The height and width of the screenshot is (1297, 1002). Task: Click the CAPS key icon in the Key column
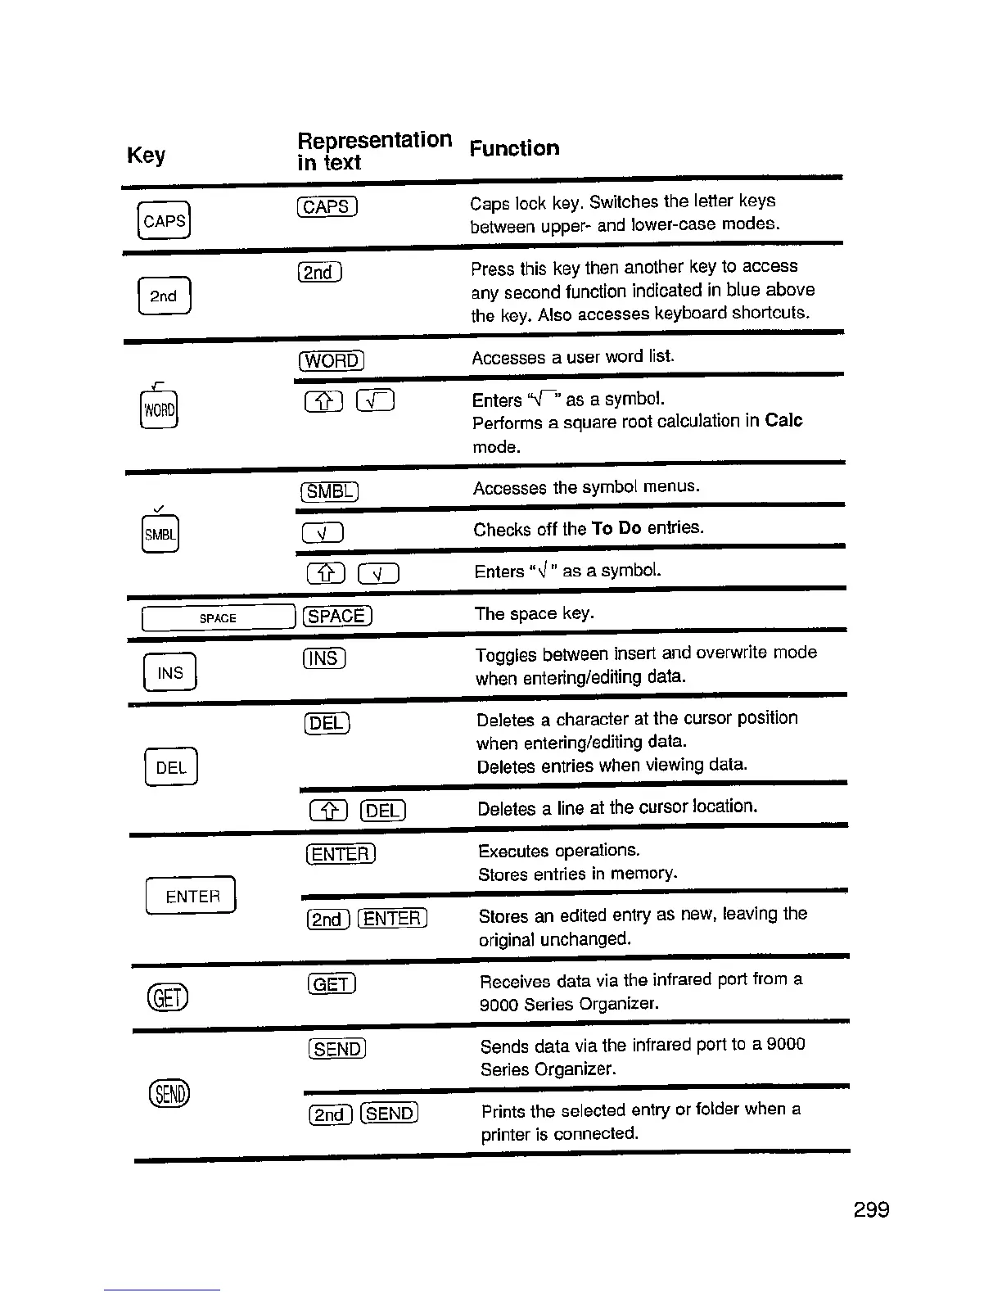click(x=165, y=220)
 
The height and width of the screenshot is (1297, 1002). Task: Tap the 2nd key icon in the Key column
click(x=165, y=296)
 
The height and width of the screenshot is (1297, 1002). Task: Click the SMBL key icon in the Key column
click(x=160, y=535)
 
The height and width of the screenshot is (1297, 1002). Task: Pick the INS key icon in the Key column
click(x=170, y=673)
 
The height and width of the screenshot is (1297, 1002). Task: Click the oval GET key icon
click(x=168, y=996)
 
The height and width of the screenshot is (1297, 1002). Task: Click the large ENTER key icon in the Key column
click(x=192, y=896)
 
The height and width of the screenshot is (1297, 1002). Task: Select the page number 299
click(x=871, y=1209)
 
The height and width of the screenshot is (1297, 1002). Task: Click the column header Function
click(x=515, y=148)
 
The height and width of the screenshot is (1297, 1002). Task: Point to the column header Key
click(x=147, y=155)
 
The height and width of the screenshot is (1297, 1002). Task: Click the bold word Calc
click(x=783, y=421)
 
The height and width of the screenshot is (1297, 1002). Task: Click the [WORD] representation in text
click(x=332, y=360)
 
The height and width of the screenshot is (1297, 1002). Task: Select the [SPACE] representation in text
click(x=337, y=616)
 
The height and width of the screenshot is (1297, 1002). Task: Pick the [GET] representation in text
click(x=332, y=983)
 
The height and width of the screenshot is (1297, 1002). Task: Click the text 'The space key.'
click(x=535, y=613)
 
